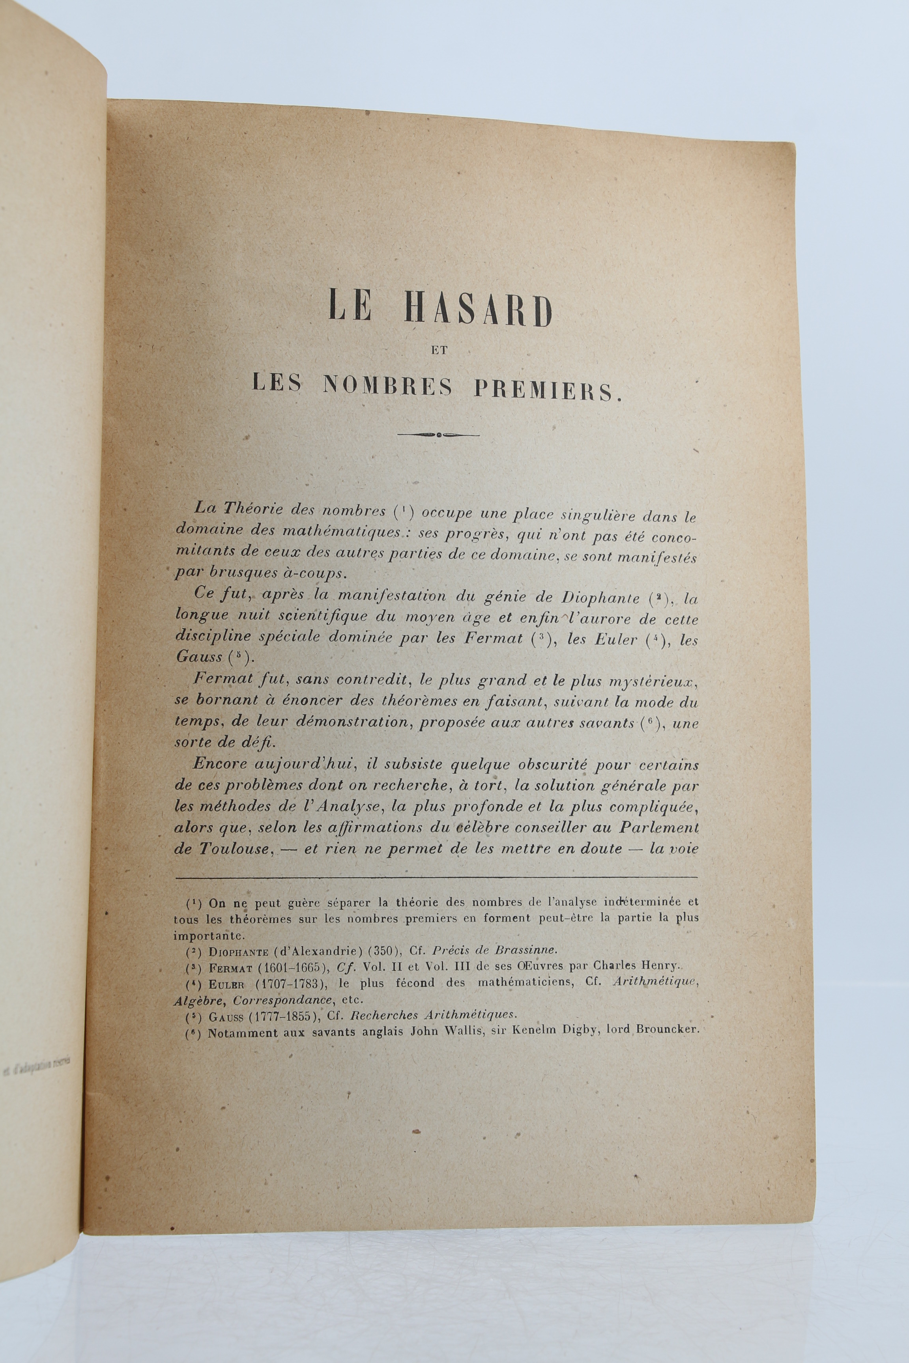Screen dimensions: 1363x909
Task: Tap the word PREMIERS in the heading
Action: (547, 388)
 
